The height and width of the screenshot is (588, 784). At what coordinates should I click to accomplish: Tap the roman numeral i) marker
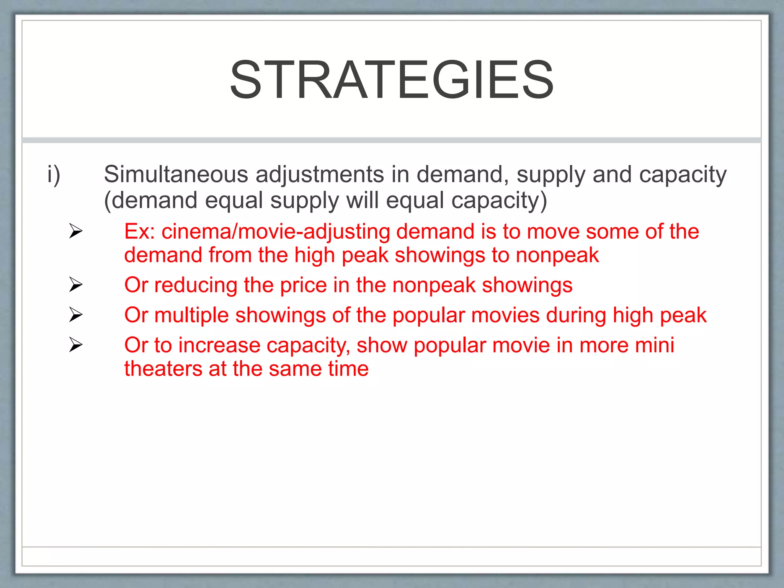pos(54,175)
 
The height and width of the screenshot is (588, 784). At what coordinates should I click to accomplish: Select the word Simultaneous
pos(176,175)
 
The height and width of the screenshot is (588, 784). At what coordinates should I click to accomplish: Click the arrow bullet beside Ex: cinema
pos(76,231)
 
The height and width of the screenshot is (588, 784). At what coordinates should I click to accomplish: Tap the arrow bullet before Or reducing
pos(76,284)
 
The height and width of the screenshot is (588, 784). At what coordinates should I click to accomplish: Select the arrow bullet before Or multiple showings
pos(76,315)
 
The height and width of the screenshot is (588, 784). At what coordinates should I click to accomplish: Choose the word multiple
pos(191,315)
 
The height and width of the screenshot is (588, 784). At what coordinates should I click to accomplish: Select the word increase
pos(219,345)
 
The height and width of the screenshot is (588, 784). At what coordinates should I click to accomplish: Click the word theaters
pos(163,369)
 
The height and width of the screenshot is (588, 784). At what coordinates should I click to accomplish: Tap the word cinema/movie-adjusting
pos(276,232)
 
